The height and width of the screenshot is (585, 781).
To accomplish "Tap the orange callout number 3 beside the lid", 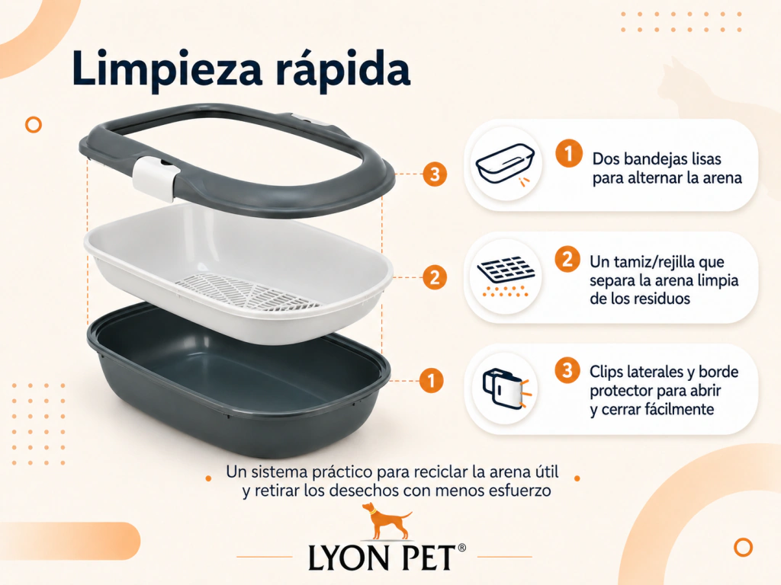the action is [x=435, y=174].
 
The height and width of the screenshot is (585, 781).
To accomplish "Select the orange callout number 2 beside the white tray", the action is [x=435, y=277].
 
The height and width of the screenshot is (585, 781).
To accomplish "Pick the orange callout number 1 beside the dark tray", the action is [x=431, y=381].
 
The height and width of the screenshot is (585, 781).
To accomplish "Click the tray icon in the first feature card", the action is [x=505, y=165].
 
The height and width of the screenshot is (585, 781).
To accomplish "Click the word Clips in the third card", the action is [x=606, y=372].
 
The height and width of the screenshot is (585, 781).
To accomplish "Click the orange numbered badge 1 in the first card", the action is [x=569, y=152].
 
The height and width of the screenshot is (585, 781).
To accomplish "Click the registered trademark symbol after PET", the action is [x=461, y=548].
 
